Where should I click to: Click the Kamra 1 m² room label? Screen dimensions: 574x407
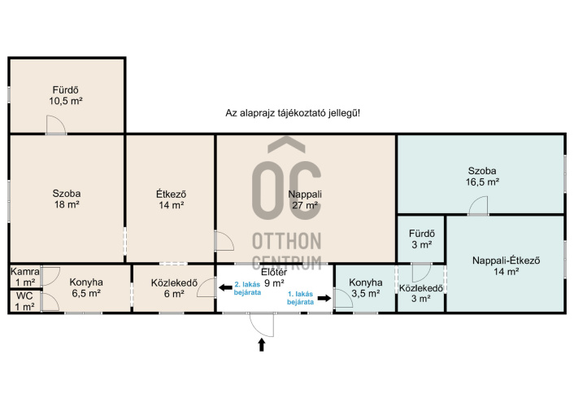click(x=25, y=277)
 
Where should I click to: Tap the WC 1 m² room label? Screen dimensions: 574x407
click(x=25, y=301)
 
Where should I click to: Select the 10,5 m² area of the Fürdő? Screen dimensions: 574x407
click(x=66, y=101)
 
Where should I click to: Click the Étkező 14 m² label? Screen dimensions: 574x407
click(x=171, y=199)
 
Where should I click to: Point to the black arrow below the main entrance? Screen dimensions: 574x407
click(x=261, y=344)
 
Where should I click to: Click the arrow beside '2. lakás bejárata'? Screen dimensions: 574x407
click(x=225, y=287)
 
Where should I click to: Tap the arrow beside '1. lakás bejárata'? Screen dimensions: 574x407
click(x=324, y=298)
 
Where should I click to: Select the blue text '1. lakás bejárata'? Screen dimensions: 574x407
click(x=301, y=298)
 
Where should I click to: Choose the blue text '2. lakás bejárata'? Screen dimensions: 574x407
click(x=247, y=288)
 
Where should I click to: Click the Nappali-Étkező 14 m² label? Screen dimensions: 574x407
click(x=506, y=266)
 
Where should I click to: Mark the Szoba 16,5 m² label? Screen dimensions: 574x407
click(x=482, y=176)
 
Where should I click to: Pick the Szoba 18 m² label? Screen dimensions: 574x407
click(x=67, y=199)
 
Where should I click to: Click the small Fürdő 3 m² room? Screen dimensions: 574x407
click(x=422, y=239)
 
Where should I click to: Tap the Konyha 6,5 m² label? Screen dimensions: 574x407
click(x=86, y=287)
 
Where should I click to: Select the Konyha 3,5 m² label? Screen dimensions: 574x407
click(x=365, y=288)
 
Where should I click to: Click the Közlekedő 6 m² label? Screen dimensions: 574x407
click(x=174, y=288)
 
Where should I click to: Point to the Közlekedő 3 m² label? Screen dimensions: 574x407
click(x=420, y=293)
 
